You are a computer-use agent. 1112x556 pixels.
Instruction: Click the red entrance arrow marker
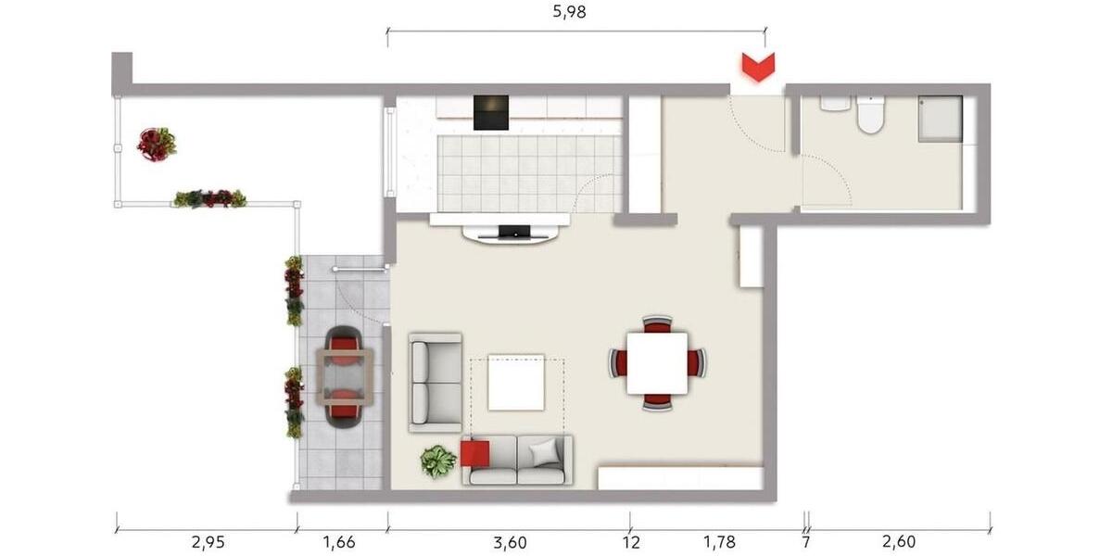758,68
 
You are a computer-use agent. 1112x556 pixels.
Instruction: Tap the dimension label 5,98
569,12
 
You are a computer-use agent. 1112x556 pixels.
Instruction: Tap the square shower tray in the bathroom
940,119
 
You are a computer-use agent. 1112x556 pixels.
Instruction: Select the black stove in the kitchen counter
491,112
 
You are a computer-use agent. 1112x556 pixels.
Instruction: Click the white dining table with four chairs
657,362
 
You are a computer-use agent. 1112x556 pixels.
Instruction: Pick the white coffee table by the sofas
516,382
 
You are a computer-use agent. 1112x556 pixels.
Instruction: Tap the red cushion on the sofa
474,454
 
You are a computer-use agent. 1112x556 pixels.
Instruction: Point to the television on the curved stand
514,231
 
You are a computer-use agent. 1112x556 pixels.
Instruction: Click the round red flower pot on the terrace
156,144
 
